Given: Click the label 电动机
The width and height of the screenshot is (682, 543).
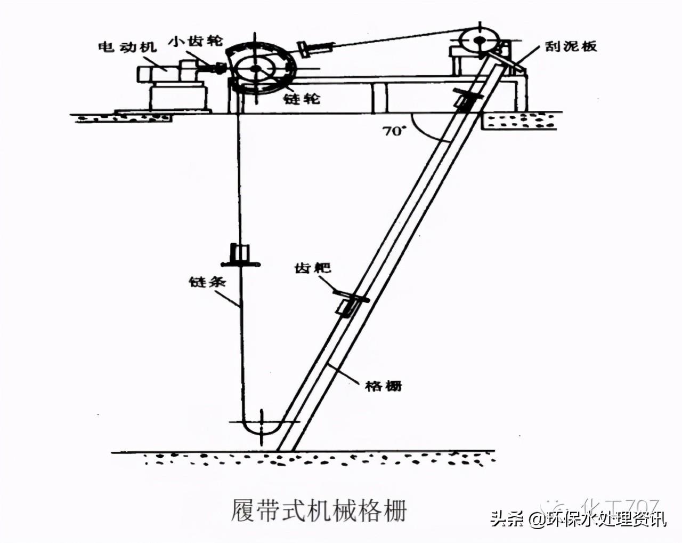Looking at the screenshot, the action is (127, 47).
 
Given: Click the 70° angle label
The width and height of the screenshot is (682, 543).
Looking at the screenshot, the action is (394, 131).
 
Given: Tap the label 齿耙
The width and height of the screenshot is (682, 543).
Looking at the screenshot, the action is (312, 267).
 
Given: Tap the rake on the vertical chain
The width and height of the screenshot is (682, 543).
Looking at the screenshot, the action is (240, 255).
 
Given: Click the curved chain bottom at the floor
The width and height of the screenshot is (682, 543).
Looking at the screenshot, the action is (262, 427).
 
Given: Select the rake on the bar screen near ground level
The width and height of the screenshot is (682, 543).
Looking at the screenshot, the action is (467, 99).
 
